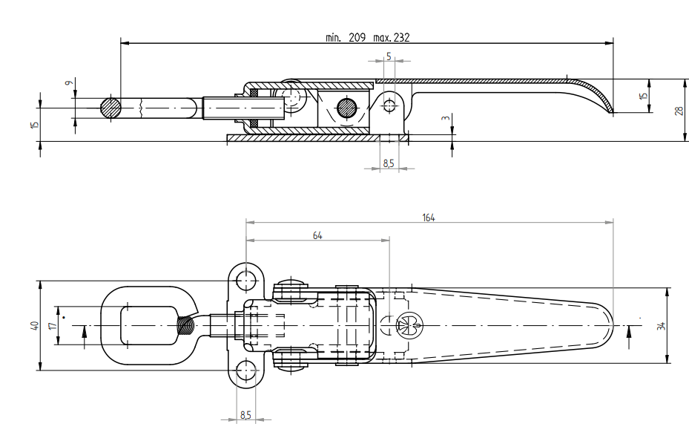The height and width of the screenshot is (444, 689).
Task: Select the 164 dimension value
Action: (x=428, y=218)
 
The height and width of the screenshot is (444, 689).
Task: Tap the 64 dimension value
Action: (x=318, y=235)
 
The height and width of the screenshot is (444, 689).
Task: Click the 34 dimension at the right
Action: (x=660, y=325)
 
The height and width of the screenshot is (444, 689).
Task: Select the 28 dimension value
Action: (x=677, y=110)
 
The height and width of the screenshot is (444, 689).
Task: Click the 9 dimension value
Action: (x=67, y=85)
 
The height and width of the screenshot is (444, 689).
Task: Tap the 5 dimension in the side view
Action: (x=388, y=56)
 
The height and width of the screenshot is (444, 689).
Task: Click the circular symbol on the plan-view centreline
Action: (x=404, y=324)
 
